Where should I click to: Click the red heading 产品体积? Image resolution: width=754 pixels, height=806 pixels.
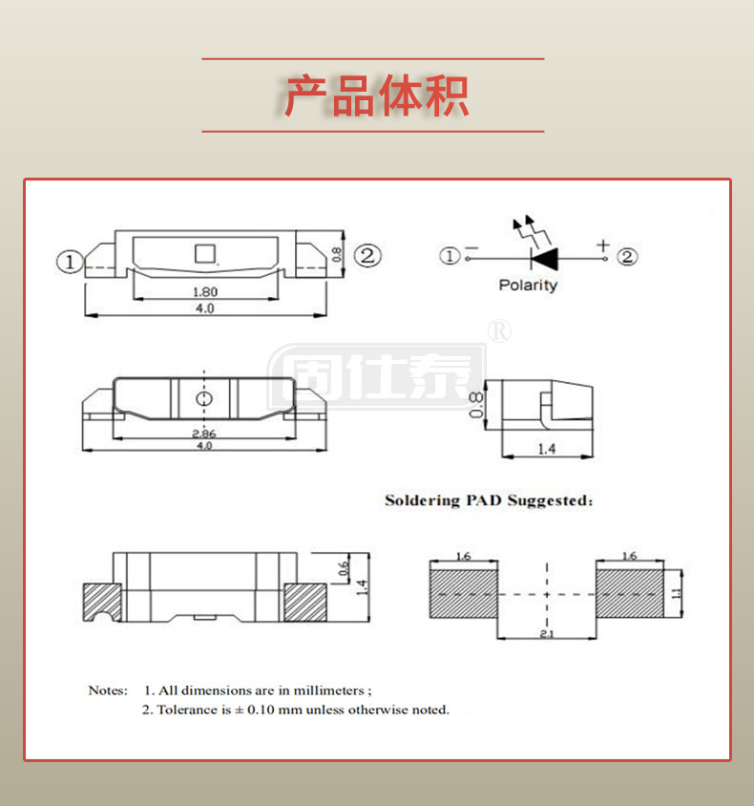click(376, 95)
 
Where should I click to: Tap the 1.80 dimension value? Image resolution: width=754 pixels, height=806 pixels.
click(204, 292)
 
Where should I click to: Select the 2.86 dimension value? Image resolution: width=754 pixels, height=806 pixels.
click(202, 434)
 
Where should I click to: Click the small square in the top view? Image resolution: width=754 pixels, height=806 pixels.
click(204, 253)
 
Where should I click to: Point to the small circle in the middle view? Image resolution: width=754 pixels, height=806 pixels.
click(203, 398)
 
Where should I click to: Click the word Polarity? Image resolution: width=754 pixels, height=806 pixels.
click(528, 285)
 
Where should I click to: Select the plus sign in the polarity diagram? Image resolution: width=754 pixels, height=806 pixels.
click(603, 245)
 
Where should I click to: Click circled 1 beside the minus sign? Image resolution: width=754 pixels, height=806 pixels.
click(449, 256)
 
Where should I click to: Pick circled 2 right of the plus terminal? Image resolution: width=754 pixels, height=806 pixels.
click(627, 256)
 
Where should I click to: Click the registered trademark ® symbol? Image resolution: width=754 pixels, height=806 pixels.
click(499, 330)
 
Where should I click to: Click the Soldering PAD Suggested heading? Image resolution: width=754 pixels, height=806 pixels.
click(489, 500)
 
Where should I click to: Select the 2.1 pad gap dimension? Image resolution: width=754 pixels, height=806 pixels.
click(547, 633)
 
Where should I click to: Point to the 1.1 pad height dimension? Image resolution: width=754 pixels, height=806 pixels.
click(677, 593)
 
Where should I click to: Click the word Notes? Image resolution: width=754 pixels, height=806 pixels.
click(108, 689)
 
